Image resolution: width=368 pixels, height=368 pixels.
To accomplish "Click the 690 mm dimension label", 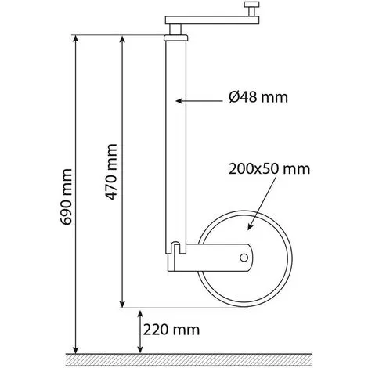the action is (x=66, y=197).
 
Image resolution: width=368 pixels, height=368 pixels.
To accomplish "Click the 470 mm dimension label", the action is (x=111, y=172).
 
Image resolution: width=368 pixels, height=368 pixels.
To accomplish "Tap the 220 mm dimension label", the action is (x=171, y=330).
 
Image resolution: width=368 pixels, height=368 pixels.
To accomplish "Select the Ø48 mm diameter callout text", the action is (x=258, y=97).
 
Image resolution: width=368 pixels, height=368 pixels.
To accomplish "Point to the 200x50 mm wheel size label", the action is (x=269, y=169).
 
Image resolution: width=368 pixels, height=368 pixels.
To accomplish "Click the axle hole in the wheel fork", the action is (x=244, y=258).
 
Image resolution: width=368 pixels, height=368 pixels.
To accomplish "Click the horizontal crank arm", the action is (x=212, y=20).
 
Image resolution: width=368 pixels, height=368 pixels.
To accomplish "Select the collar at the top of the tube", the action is (x=176, y=38).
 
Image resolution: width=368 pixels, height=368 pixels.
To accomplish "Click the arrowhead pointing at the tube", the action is (x=179, y=101).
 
